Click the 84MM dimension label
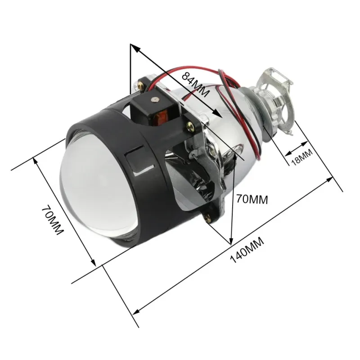coord(196,84)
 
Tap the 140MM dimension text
coord(247,250)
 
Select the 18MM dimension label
coord(302,157)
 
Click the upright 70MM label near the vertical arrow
coord(252,199)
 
